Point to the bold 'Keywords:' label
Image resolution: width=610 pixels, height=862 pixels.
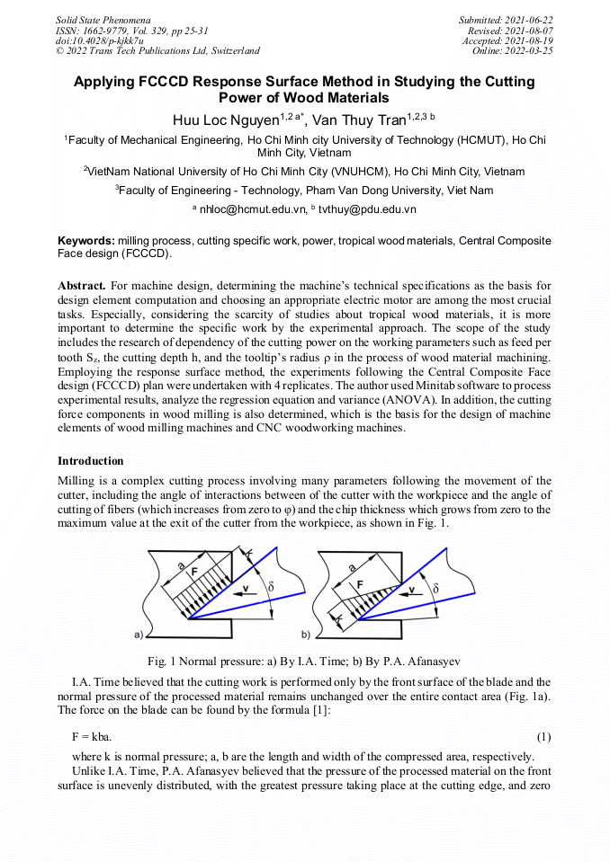click(x=85, y=242)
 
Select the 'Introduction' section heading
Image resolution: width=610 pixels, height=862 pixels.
click(x=90, y=461)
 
